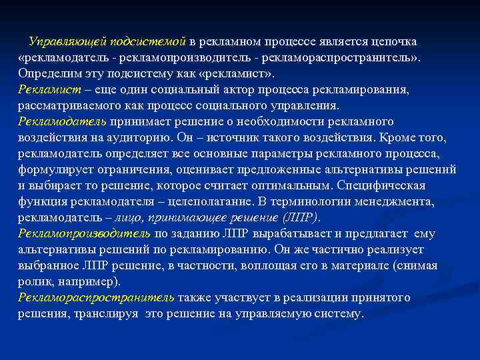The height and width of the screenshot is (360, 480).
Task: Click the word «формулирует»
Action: [x=53, y=169]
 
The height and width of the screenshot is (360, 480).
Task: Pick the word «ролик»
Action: [x=33, y=281]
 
